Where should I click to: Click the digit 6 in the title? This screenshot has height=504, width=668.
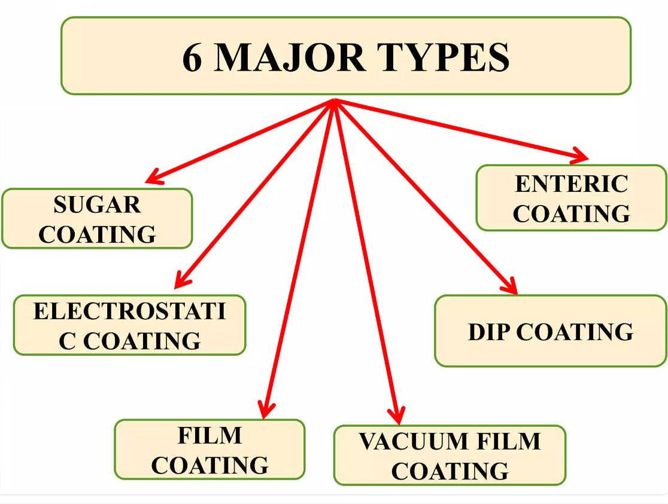tap(193, 57)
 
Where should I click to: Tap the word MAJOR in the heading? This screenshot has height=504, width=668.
tap(289, 57)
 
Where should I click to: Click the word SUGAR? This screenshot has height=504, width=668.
tap(97, 205)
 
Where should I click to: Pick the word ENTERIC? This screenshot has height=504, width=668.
tap(572, 184)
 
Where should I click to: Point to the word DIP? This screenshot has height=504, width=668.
tap(489, 332)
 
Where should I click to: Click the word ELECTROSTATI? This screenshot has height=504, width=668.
tap(129, 312)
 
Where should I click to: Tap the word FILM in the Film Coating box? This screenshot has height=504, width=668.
tap(209, 436)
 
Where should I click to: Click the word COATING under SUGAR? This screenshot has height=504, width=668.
tap(97, 234)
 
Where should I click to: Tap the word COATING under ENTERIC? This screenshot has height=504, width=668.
tap(572, 213)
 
